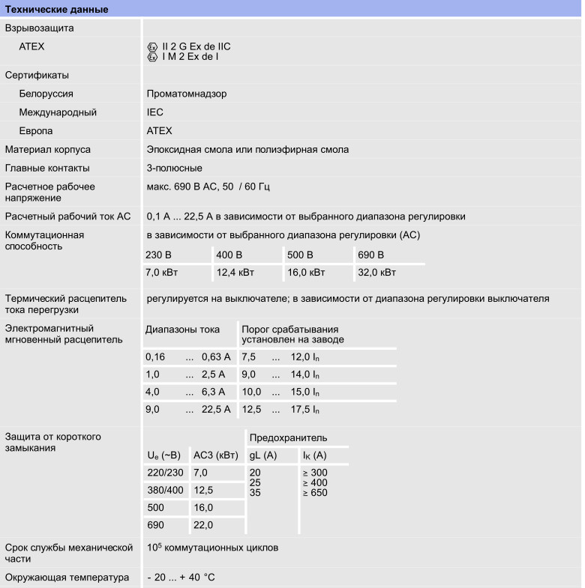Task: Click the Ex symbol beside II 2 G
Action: coord(154,46)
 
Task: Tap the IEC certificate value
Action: coord(154,112)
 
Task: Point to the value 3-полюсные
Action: coord(174,168)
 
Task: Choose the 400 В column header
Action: coord(229,254)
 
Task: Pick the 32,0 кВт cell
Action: coord(376,273)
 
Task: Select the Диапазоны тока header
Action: coord(182,329)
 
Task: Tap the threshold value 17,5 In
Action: coord(305,409)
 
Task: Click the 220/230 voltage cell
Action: coord(164,472)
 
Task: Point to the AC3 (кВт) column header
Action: coord(216,455)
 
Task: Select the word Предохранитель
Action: coord(287,437)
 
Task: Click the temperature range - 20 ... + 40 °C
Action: coord(181,578)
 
